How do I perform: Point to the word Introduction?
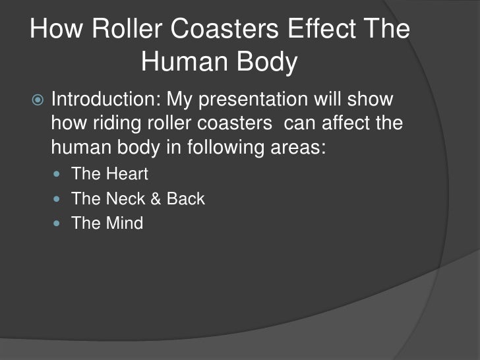pyautogui.click(x=105, y=100)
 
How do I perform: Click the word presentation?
pyautogui.click(x=258, y=100)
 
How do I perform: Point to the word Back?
pyautogui.click(x=186, y=198)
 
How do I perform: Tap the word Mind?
pyautogui.click(x=123, y=223)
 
